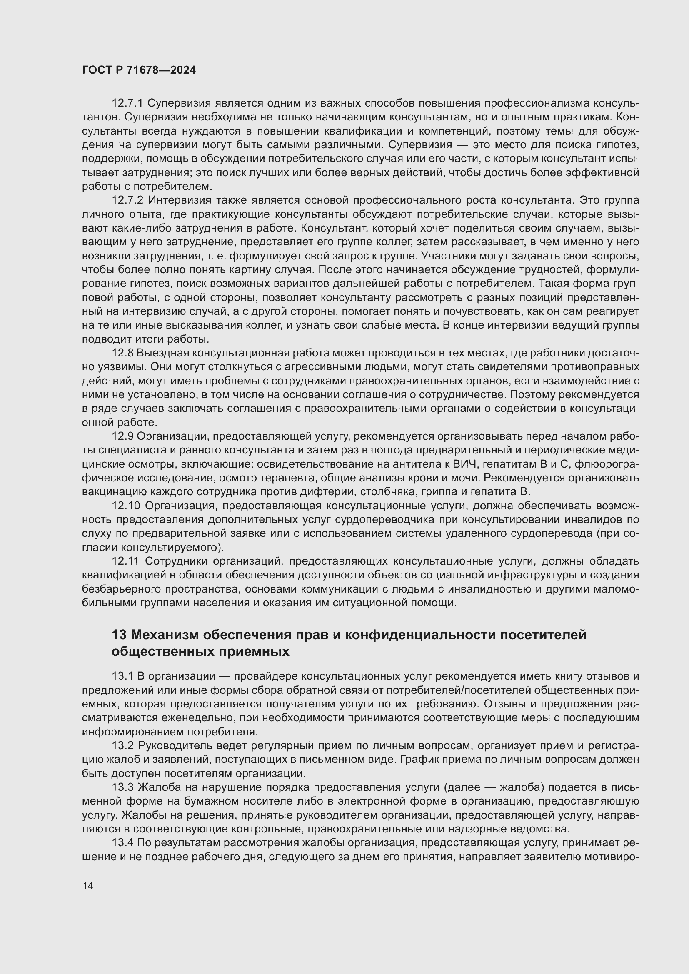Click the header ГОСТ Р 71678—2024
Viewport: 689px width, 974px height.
click(139, 70)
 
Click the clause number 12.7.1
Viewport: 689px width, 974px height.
click(127, 103)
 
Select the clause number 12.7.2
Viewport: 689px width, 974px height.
click(127, 200)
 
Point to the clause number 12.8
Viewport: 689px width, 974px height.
click(122, 354)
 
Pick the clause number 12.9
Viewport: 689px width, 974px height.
click(122, 436)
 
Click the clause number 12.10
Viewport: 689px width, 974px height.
click(125, 506)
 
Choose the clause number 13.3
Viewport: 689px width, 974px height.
click(122, 787)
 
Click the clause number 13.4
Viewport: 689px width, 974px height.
click(122, 843)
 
